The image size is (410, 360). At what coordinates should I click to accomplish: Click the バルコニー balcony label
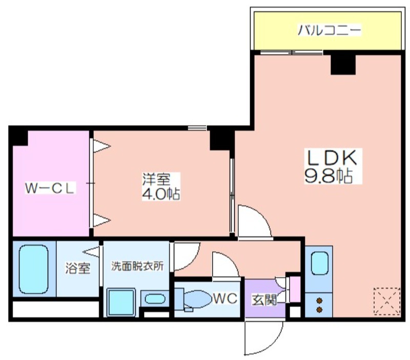pyautogui.click(x=330, y=30)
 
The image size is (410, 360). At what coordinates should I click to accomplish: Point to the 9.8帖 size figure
pyautogui.click(x=328, y=176)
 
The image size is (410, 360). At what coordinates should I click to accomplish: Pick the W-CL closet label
pyautogui.click(x=51, y=188)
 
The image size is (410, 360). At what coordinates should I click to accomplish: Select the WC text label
pyautogui.click(x=225, y=298)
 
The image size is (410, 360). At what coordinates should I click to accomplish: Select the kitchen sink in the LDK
pyautogui.click(x=319, y=265)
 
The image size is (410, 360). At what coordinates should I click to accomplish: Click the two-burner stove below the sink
pyautogui.click(x=319, y=304)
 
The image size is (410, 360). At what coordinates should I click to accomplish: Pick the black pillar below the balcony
pyautogui.click(x=343, y=63)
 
